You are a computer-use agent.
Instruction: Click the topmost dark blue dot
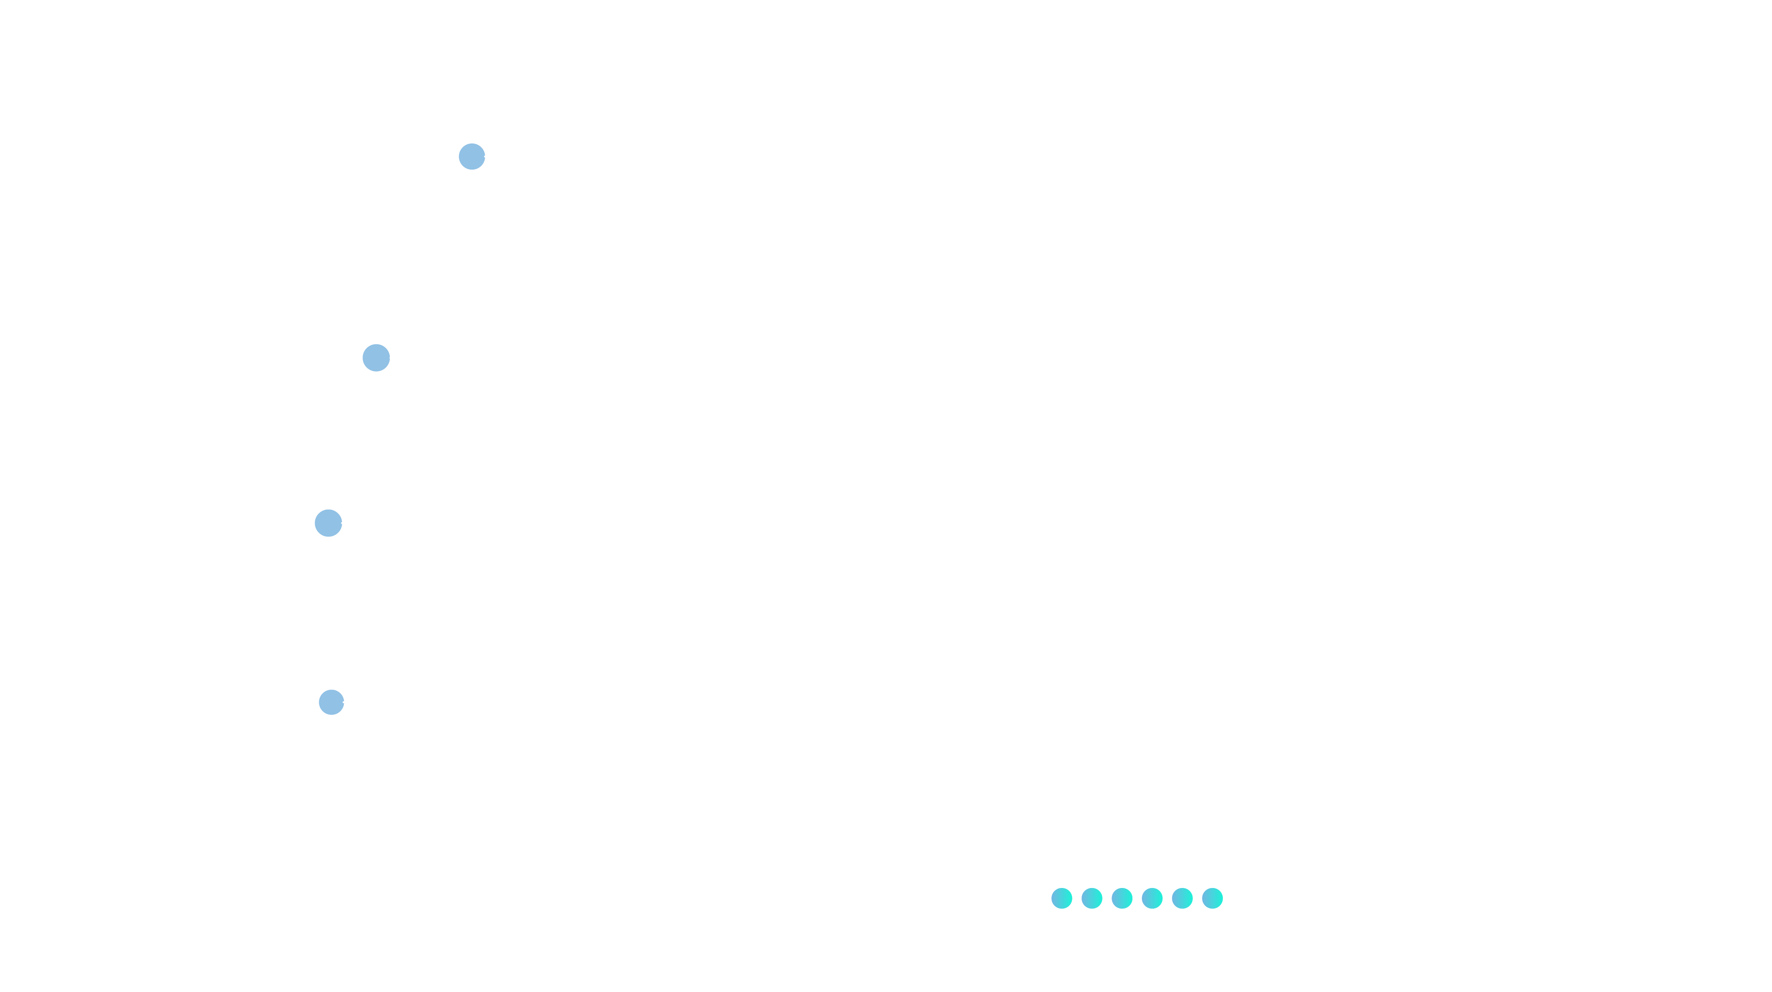tap(471, 157)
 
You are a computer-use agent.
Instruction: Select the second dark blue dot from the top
tap(376, 358)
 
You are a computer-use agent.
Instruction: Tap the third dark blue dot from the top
tap(328, 523)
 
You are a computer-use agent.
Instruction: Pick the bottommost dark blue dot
tap(331, 702)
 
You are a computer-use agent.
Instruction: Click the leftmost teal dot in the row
tap(1062, 898)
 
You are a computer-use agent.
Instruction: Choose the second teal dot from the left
tap(1092, 898)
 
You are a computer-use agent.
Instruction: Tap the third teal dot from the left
tap(1122, 898)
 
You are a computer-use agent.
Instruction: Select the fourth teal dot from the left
tap(1152, 898)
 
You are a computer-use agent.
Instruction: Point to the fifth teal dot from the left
tap(1182, 898)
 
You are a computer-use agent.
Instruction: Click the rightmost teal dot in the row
tap(1212, 898)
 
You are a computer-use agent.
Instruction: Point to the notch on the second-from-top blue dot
tap(389, 358)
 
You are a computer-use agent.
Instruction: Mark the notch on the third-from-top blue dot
tap(341, 524)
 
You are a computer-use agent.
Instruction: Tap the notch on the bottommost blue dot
tap(343, 702)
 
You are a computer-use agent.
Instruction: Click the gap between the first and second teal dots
tap(1077, 898)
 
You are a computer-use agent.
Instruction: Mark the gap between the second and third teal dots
tap(1107, 898)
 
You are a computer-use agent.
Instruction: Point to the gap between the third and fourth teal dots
tap(1137, 898)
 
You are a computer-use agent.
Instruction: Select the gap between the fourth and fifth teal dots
tap(1167, 898)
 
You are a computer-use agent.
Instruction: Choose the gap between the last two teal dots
tap(1197, 898)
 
